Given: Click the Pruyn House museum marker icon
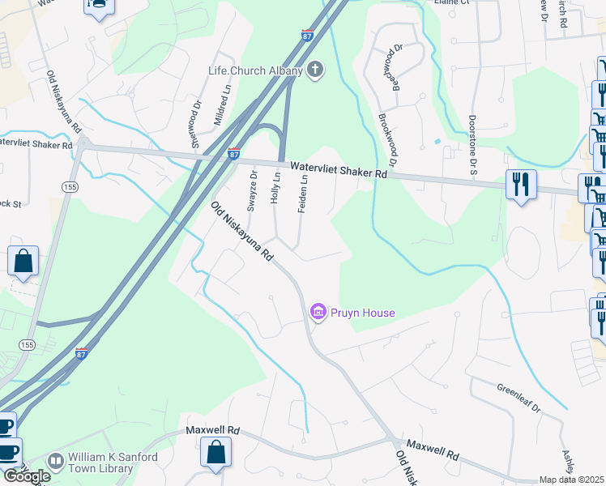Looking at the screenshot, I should tap(318, 312).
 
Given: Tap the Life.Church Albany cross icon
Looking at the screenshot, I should tap(316, 71).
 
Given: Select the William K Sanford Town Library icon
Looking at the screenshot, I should tap(56, 461).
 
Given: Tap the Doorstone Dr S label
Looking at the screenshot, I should tap(472, 146).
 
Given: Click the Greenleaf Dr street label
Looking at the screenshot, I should tap(519, 397).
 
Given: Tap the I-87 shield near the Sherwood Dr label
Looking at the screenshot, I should tap(233, 154).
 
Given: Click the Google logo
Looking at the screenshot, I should tap(27, 476).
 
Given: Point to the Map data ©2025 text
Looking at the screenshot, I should tap(571, 480).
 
